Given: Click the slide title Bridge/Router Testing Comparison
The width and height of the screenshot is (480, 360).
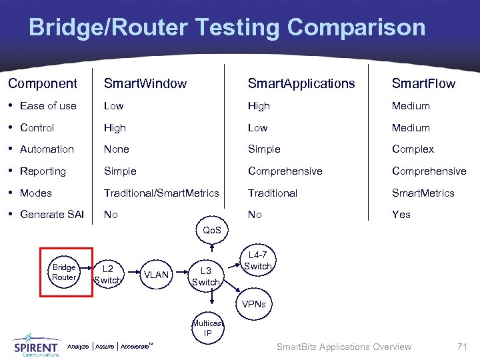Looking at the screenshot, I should point(227,27).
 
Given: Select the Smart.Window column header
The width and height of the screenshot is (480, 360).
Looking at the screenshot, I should point(145,83).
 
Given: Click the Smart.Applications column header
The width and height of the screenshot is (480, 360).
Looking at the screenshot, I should point(301,83).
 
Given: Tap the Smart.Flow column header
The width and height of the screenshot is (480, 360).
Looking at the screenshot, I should point(423,83).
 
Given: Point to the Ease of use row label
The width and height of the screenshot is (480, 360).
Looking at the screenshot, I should point(48,105).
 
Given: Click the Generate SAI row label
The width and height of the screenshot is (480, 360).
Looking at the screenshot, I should point(52,214).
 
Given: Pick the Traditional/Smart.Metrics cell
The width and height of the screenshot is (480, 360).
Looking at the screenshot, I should point(161,193).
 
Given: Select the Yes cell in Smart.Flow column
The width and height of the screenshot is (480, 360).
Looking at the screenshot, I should point(401,214).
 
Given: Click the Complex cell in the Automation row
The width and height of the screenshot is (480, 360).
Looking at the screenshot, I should point(413,149).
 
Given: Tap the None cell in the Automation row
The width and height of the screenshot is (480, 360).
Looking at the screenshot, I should point(116,149).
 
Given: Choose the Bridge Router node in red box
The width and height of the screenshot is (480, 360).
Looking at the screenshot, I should point(65,272).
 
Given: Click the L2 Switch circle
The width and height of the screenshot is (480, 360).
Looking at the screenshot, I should point(108,275).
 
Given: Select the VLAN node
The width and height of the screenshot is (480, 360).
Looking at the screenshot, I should point(157,275).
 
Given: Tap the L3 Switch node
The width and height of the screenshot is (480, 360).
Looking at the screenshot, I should point(205,276).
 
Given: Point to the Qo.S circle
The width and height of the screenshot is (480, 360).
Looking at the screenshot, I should point(212,230).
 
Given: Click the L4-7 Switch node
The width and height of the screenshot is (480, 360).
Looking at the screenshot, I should point(257,261).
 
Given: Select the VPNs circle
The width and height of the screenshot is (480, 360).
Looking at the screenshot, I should point(253,304).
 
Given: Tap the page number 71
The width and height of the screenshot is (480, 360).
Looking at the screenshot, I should point(462,346).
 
